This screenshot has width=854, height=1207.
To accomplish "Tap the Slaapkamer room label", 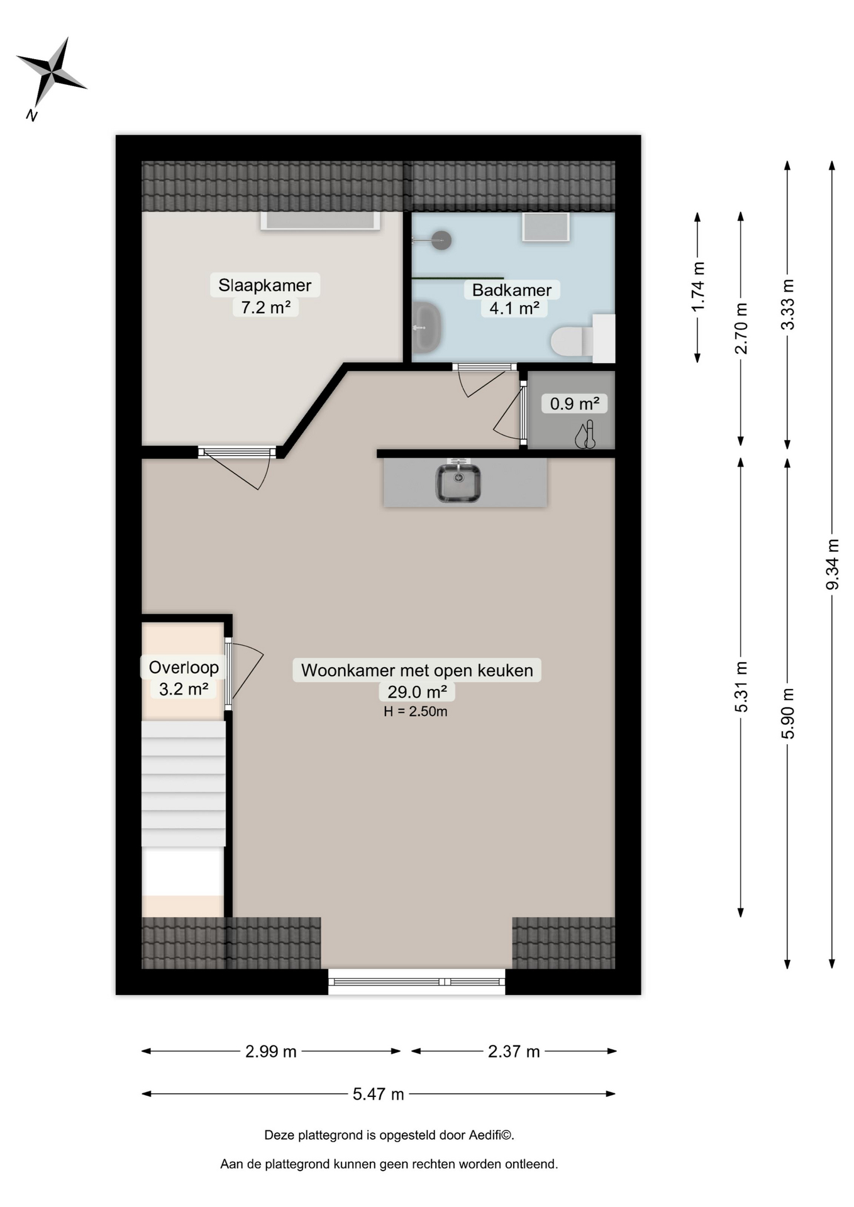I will click(x=265, y=285).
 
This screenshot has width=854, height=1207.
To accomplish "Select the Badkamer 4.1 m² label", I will click(x=512, y=299).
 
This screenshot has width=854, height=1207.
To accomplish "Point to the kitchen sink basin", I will click(x=458, y=483).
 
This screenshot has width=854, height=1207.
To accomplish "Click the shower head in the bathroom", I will click(x=441, y=240).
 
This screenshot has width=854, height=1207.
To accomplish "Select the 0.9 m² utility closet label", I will click(x=574, y=404).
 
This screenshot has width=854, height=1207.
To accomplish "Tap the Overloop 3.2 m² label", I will click(x=184, y=678).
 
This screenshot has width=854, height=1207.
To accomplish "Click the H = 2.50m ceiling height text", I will click(x=416, y=712).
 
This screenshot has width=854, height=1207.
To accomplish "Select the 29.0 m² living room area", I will click(x=417, y=692).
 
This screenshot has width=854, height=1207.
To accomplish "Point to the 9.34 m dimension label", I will click(x=832, y=564).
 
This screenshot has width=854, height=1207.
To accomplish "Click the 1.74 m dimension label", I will click(x=697, y=287).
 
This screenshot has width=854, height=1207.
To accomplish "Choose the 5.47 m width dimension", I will click(x=378, y=1094).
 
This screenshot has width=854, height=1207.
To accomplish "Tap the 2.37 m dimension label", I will click(x=514, y=1051).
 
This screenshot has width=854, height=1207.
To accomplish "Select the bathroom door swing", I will click(x=481, y=382).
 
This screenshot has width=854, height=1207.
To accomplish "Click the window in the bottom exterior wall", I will click(x=416, y=981).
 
